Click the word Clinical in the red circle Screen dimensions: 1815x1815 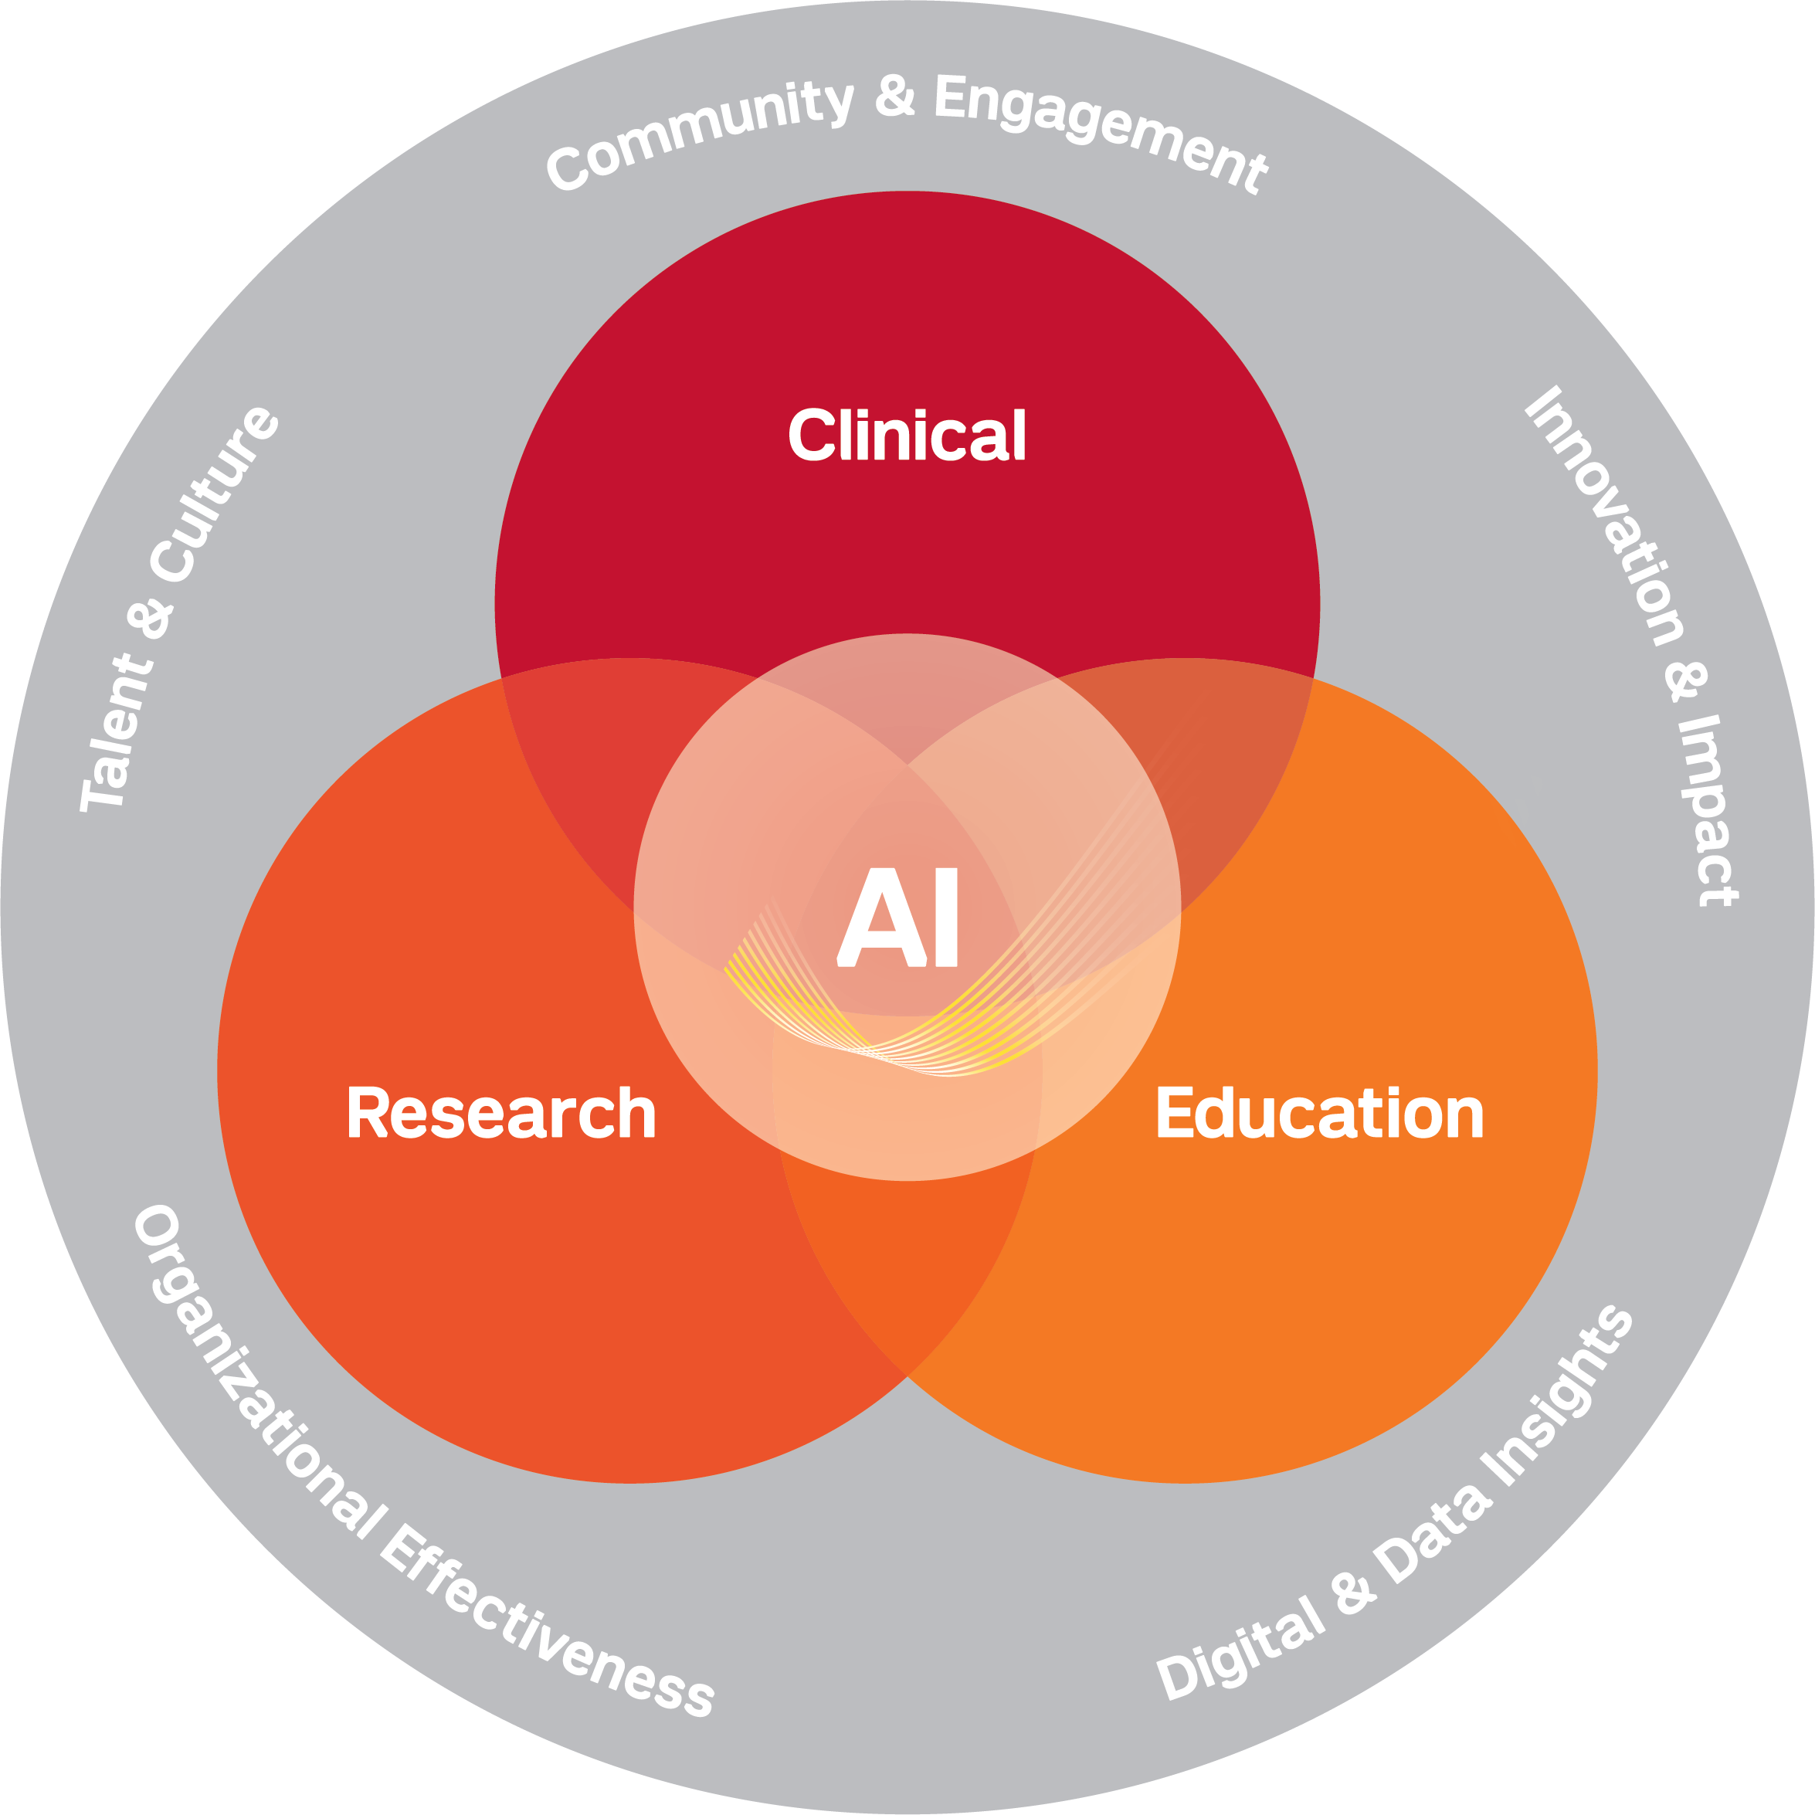[907, 435]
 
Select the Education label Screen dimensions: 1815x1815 [1319, 1112]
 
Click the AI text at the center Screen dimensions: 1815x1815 [897, 917]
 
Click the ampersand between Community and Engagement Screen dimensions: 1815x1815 [894, 96]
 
